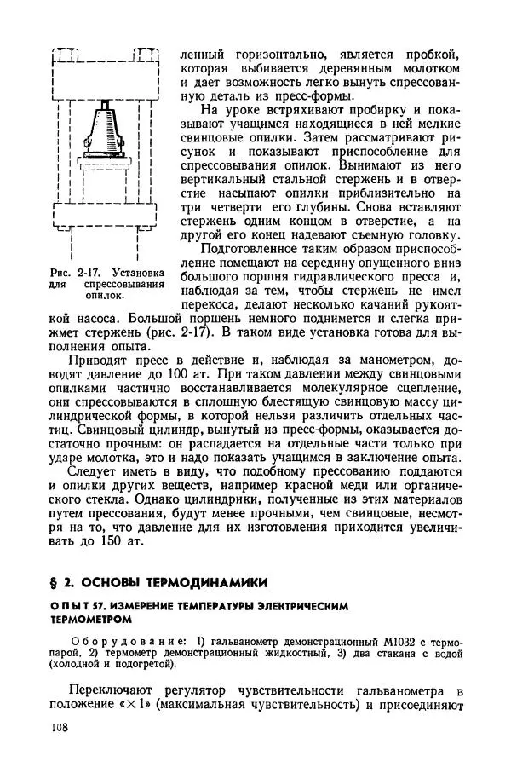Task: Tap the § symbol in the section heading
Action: (55, 582)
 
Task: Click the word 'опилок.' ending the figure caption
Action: (106, 297)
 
